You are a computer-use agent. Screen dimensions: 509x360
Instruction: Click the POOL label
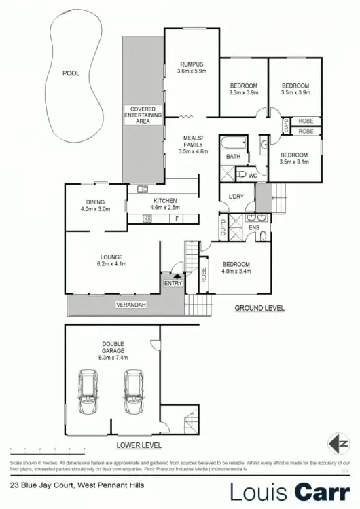[71, 73]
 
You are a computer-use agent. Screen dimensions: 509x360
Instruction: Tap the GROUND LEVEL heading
[259, 308]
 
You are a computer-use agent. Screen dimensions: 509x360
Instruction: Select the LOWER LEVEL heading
[139, 446]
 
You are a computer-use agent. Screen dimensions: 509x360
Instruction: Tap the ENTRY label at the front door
[173, 282]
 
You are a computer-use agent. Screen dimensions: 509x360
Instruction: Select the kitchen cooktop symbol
[147, 218]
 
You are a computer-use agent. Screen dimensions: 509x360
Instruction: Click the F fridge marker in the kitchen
[177, 219]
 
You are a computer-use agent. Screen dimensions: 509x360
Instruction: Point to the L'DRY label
[236, 197]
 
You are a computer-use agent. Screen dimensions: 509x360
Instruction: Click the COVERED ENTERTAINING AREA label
[143, 115]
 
